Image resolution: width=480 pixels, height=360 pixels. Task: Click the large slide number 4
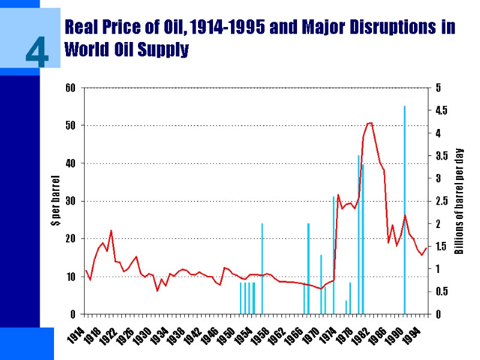click(x=37, y=52)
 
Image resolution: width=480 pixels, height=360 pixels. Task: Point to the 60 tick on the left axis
click(x=70, y=88)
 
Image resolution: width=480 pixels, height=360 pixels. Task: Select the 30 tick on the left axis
click(x=70, y=201)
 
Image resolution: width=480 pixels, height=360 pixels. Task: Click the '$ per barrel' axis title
click(x=56, y=201)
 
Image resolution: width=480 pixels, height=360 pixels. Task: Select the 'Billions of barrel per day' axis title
click(x=459, y=201)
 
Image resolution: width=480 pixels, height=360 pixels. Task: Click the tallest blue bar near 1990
click(x=404, y=210)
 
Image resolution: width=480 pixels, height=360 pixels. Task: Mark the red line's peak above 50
click(x=371, y=123)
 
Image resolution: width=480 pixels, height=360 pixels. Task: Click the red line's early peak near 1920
click(x=111, y=231)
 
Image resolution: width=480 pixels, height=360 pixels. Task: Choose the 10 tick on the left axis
click(x=70, y=277)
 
